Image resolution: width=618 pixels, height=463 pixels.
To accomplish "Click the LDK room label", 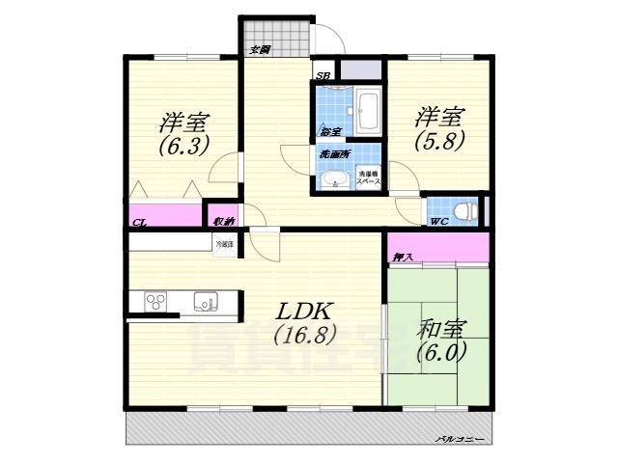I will (x=305, y=313).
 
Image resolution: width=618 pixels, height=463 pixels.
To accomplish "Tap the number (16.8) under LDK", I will (x=303, y=336).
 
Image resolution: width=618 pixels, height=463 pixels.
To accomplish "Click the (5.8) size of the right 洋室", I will (x=440, y=140).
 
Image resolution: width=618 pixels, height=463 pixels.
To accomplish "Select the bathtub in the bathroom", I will (x=367, y=111).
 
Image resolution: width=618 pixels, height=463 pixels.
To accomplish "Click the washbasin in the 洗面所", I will (x=334, y=179).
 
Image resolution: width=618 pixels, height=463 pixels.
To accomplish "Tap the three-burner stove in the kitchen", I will (x=156, y=303).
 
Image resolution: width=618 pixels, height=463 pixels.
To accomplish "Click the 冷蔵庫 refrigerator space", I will (x=224, y=245).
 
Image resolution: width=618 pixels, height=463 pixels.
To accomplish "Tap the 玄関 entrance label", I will (x=259, y=48).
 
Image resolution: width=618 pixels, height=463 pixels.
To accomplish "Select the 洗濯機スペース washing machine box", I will (x=368, y=178).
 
